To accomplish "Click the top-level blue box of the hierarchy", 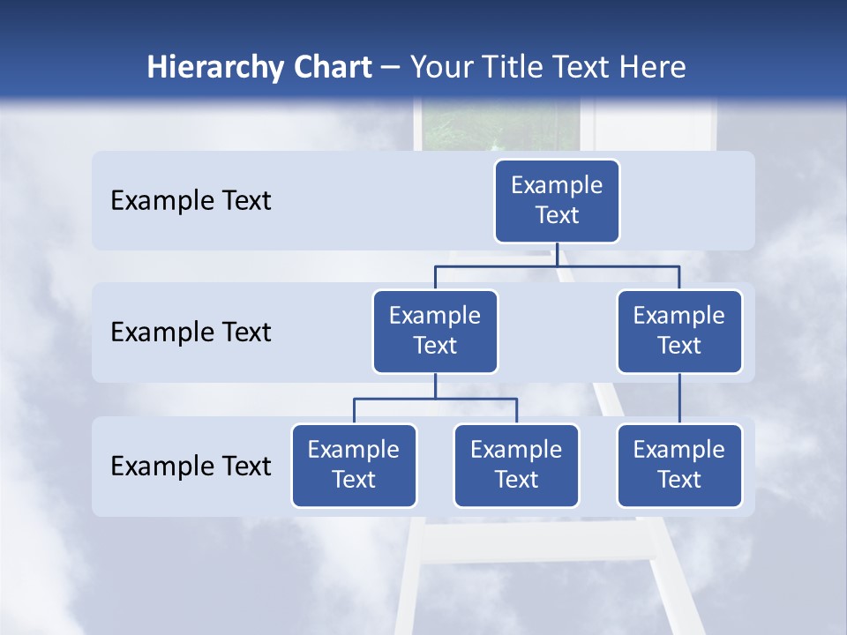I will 557,200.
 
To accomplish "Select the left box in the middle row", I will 435,331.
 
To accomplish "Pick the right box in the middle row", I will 679,331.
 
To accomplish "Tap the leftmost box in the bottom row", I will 354,465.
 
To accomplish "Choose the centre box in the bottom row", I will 516,465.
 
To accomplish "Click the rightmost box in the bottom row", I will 679,465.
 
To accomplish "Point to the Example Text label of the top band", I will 191,200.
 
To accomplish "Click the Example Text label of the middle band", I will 191,332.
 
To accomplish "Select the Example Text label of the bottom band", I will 191,466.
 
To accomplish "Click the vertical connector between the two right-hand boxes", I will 679,399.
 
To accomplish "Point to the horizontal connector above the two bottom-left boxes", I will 435,399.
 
